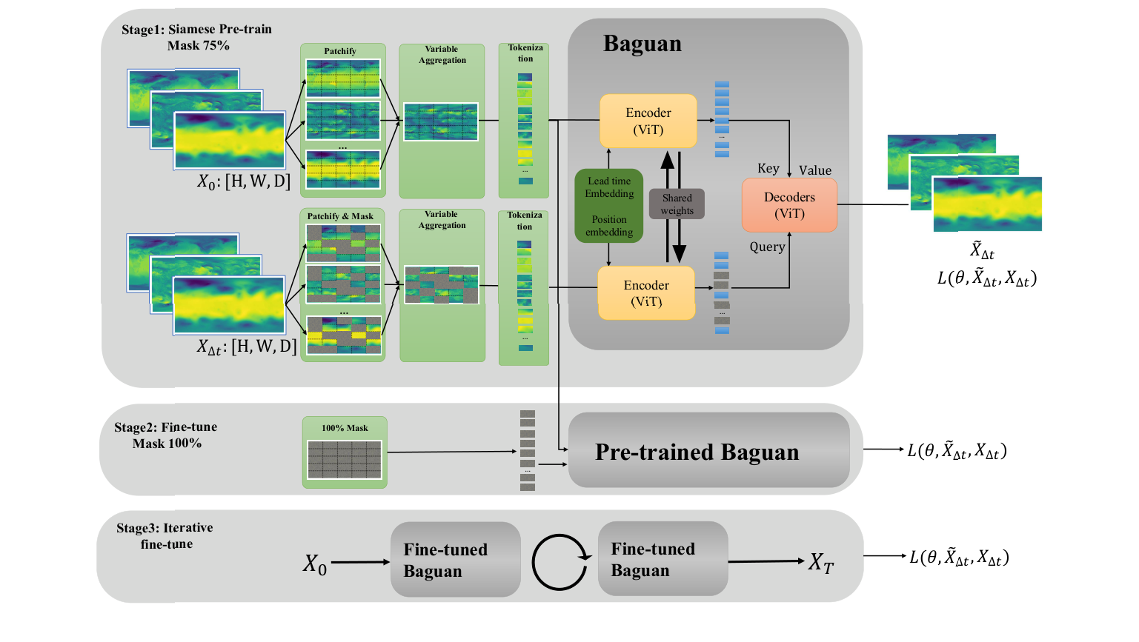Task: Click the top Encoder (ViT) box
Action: click(648, 121)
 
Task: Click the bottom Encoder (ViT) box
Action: click(646, 293)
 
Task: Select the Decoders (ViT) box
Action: click(789, 205)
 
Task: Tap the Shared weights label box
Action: click(677, 204)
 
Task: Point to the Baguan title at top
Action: click(642, 44)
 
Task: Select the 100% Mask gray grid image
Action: click(345, 459)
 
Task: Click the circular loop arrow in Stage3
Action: click(559, 562)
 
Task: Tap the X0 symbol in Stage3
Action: click(314, 564)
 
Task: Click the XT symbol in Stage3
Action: click(820, 563)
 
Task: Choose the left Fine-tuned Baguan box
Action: click(455, 560)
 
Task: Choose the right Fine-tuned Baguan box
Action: click(663, 559)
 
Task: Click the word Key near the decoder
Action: click(768, 168)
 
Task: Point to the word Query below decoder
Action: click(767, 247)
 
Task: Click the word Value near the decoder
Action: click(814, 170)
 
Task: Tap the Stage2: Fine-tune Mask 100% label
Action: click(166, 435)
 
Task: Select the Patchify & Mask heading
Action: click(341, 216)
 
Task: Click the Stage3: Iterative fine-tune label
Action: click(165, 535)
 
